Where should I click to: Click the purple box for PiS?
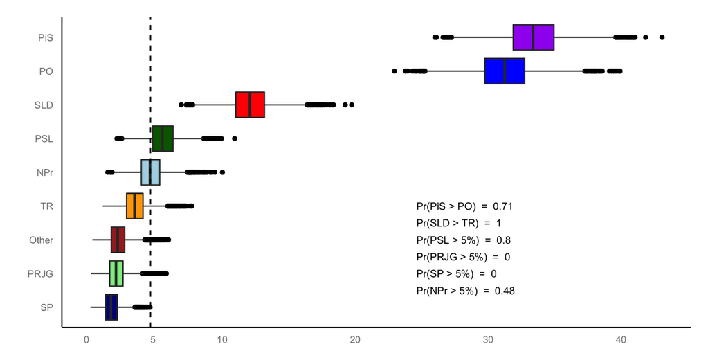tap(533, 37)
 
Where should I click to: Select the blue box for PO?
tap(505, 71)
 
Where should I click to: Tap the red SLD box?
tap(250, 105)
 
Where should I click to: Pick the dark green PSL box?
tap(163, 138)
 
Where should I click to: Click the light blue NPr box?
tap(150, 172)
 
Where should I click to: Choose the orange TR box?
tap(134, 206)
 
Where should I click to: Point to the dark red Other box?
tap(118, 240)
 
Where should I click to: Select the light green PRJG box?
tap(116, 273)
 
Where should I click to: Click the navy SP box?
tap(111, 307)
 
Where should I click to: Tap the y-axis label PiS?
tap(46, 38)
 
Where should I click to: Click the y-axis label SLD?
tap(44, 105)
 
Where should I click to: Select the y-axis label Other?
tap(41, 240)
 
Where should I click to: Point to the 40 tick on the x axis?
tap(621, 340)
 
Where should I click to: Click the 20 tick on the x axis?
tap(354, 340)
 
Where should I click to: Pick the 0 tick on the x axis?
tap(87, 340)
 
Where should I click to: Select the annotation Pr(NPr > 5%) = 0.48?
tap(465, 291)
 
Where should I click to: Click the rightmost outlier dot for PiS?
tap(662, 37)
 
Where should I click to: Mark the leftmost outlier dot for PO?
tap(394, 71)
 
